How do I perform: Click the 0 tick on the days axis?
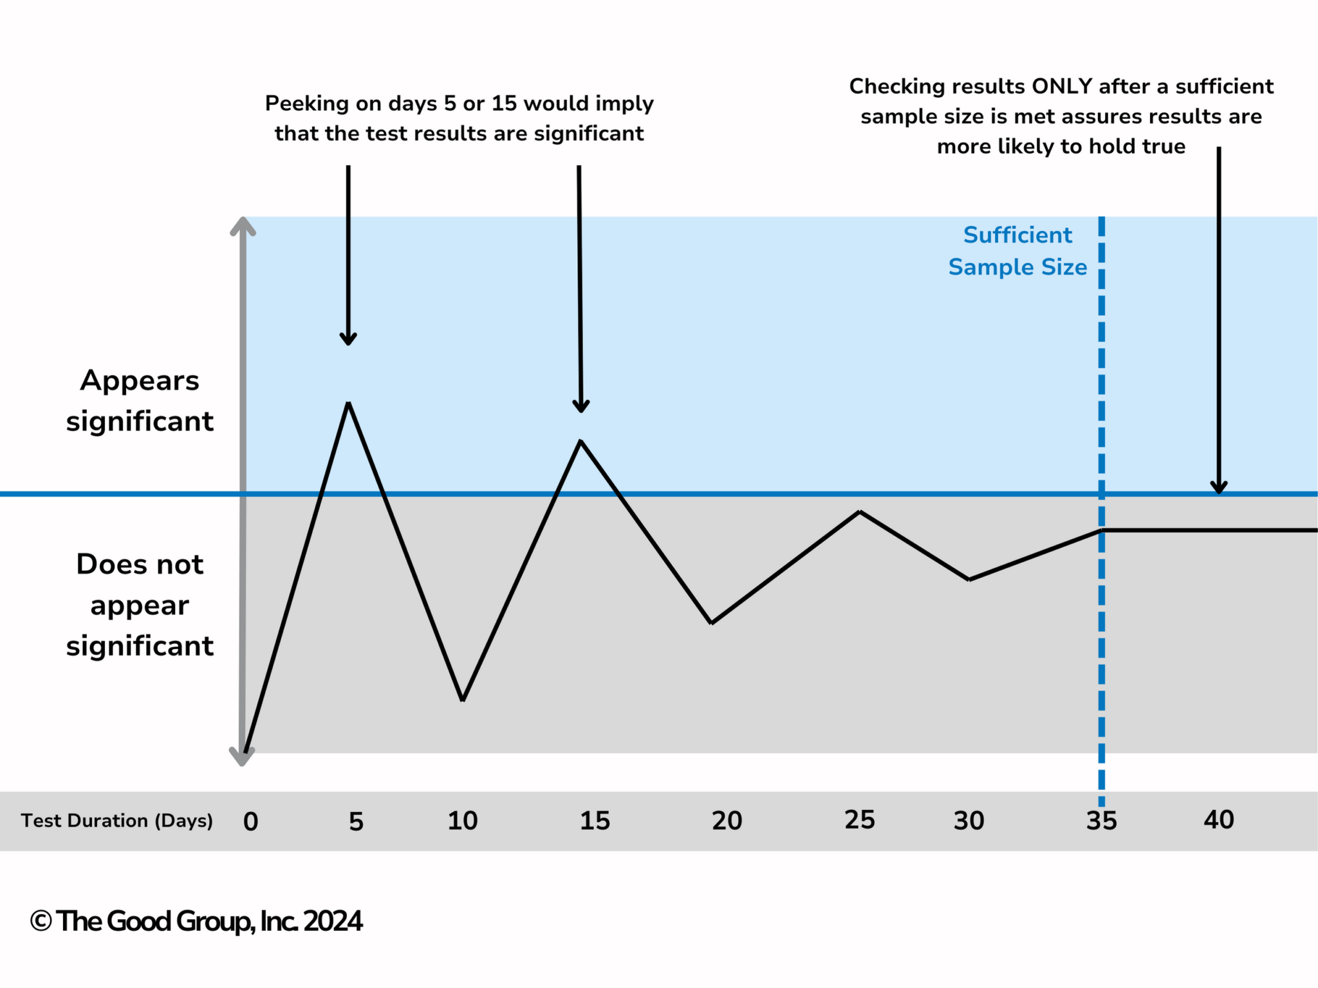(251, 821)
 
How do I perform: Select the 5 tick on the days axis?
(356, 821)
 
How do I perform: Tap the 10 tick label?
(463, 821)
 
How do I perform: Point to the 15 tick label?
(595, 821)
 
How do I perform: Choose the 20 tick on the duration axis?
(727, 821)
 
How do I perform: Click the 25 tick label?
(860, 820)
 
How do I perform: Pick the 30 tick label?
(969, 821)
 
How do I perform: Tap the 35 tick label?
(1102, 821)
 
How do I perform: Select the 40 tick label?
(1219, 820)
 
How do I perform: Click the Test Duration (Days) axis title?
(116, 821)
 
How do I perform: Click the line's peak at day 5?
(348, 403)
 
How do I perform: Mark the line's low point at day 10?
(463, 699)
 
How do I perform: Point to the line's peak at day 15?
(580, 441)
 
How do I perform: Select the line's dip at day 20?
(711, 623)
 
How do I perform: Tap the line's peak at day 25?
(860, 512)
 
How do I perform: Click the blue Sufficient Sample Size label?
(1017, 251)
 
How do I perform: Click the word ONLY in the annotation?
(1062, 86)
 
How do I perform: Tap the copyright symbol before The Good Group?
(41, 921)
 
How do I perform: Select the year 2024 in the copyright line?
(333, 921)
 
